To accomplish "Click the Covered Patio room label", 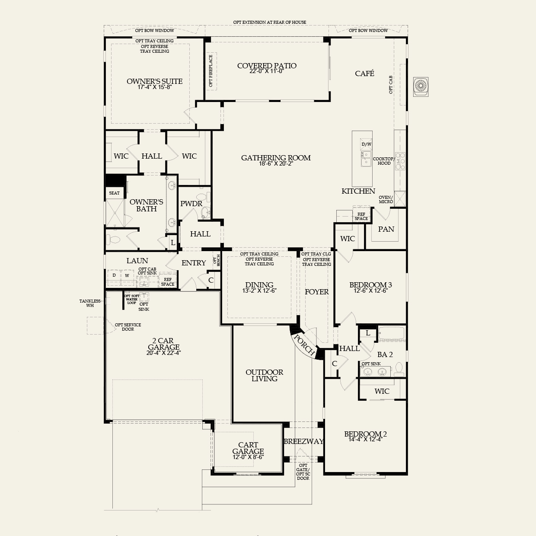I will [267, 66].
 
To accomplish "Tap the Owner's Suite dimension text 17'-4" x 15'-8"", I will [154, 87].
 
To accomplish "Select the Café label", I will [364, 73].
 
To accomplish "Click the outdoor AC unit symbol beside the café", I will [421, 86].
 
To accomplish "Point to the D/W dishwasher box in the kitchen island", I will [366, 144].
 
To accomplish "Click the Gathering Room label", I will [276, 158].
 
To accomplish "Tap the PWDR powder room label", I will [191, 204].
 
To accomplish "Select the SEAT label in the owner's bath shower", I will [114, 193].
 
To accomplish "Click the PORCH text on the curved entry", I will [304, 345].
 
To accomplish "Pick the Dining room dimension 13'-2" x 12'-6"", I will [259, 291].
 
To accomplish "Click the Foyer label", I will [317, 292].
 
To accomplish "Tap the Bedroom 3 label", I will [370, 285].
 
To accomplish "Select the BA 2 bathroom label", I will [385, 354].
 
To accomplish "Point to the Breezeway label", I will [303, 441].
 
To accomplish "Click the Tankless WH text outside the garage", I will [90, 303].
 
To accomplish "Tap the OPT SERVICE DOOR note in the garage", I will [128, 327].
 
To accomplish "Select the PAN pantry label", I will [386, 229].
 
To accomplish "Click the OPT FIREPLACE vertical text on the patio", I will [211, 70].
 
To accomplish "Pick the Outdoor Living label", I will [264, 375].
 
